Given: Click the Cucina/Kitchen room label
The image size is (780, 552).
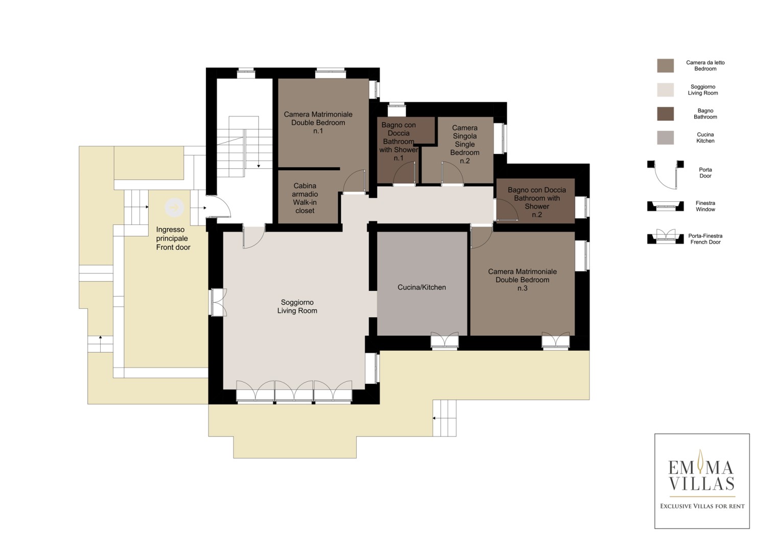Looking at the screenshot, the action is point(422,287).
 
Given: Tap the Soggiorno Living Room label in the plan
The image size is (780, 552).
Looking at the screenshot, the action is point(297,307).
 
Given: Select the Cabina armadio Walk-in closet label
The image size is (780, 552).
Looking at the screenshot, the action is point(304,198).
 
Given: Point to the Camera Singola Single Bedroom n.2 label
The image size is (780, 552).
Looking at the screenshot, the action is point(464,144).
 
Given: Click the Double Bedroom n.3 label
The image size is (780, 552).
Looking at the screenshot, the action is point(523,280).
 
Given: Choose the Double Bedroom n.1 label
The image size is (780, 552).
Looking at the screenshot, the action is point(318,123).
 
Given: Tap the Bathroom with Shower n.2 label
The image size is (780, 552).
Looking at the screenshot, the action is point(536,202).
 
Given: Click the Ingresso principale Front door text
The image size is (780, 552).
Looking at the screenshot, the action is point(173,238).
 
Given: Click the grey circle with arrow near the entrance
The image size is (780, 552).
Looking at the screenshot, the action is point(174,208).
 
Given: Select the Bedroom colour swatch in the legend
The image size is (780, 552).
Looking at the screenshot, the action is point(665,65).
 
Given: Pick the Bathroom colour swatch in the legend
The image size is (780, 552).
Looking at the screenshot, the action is point(665,113).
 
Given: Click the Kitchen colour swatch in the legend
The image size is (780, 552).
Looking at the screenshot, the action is point(665,137).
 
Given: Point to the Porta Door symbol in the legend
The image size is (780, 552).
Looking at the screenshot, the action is point(665,175).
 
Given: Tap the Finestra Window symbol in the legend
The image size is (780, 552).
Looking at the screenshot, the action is point(665,206).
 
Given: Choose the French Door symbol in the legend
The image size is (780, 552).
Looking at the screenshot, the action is point(665,237).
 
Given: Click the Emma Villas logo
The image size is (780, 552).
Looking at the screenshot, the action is point(702,481).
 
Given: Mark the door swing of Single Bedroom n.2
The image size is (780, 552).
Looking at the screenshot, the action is point(452,172).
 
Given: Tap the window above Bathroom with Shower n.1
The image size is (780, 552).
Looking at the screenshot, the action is point(396,109).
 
